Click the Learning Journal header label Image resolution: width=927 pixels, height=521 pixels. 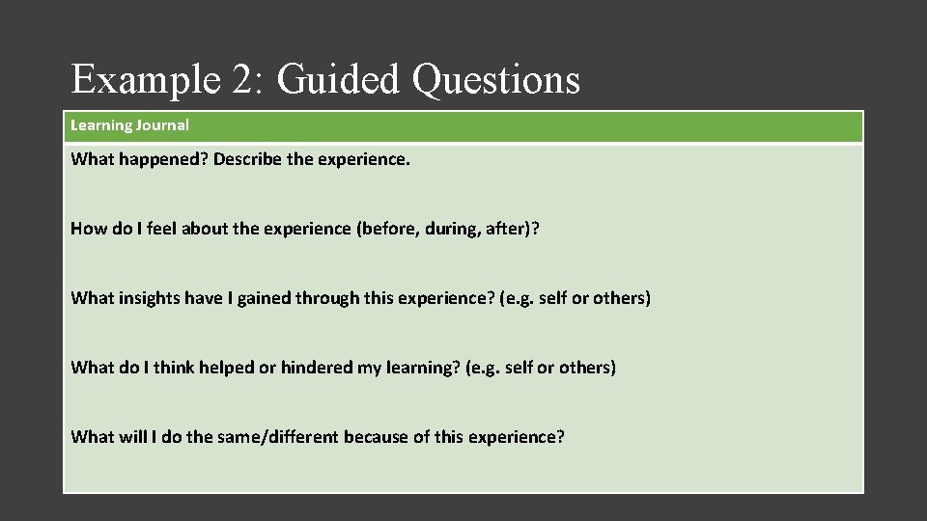point(129,125)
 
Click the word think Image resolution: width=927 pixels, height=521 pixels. point(173,368)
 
